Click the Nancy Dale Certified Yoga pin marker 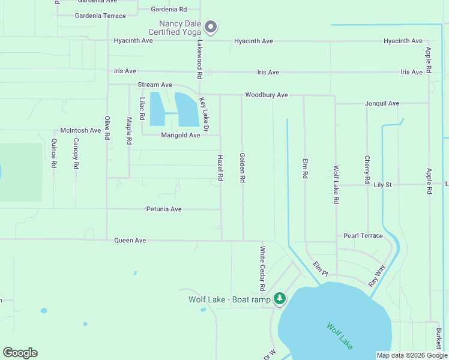click(211, 26)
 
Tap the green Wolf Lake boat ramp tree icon click(279, 298)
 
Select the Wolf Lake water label click(340, 336)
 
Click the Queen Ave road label click(130, 240)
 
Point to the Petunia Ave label click(163, 209)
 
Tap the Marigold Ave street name click(180, 135)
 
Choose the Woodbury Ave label click(266, 95)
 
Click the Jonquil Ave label click(382, 103)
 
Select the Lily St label click(382, 185)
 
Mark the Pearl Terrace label click(363, 236)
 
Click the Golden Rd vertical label click(243, 167)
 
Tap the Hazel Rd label click(220, 167)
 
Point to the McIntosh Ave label click(80, 130)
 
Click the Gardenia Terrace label click(100, 16)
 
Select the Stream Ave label click(155, 85)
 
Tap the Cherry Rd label click(367, 169)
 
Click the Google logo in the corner click(20, 353)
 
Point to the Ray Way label click(376, 275)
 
